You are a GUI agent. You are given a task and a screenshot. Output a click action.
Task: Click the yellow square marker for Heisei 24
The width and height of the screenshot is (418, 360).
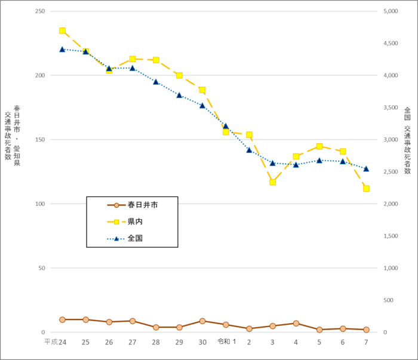[x=62, y=30]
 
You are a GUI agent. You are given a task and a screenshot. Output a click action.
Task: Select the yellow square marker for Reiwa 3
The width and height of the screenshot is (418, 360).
[x=272, y=182]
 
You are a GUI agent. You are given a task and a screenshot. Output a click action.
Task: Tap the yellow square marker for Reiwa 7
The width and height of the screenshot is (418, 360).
[x=366, y=189]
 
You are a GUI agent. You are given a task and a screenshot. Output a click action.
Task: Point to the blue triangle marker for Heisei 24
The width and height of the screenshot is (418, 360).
[x=62, y=49]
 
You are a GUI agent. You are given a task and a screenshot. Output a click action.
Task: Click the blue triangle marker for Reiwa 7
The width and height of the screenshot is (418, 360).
[x=366, y=169]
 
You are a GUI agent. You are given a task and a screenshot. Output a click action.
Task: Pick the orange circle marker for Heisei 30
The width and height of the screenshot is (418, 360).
[x=202, y=321]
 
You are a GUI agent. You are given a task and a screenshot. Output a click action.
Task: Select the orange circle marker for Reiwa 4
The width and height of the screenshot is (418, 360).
[x=296, y=323]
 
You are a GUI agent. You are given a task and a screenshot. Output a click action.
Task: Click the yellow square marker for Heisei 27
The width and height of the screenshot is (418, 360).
[x=132, y=59]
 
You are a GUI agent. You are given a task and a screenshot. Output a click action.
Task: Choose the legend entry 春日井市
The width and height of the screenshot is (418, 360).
[x=142, y=205]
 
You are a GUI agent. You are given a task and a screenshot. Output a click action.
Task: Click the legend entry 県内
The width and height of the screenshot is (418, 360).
[x=134, y=221]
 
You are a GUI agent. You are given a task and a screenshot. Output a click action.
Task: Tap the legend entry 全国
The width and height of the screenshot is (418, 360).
[x=134, y=238]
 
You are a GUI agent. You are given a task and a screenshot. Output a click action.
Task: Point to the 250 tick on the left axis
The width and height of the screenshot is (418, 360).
[x=39, y=11]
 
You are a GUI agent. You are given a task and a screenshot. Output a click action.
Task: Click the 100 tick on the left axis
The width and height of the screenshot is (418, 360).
[x=39, y=204]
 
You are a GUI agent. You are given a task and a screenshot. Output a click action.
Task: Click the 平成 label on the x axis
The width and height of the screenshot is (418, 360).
[x=51, y=342]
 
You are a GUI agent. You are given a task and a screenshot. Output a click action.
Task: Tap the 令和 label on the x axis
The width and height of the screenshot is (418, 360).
[x=223, y=342]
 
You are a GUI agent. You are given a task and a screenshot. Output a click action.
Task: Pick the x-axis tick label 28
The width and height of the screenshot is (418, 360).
[x=155, y=342]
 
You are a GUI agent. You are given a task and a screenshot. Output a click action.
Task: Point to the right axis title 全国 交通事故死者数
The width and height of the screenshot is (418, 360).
[x=407, y=140]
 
